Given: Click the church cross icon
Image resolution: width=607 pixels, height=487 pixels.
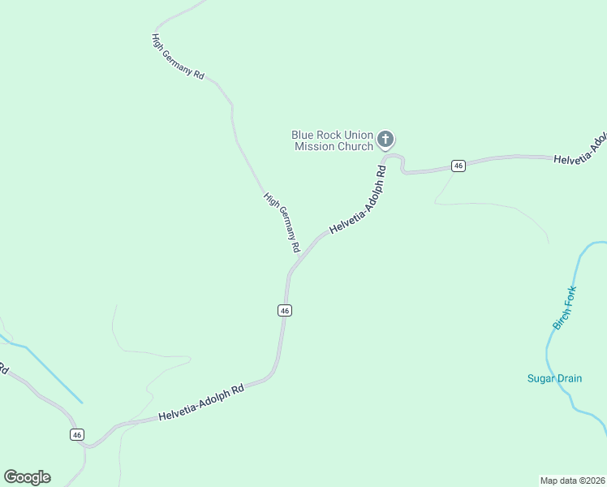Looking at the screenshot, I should point(386,140).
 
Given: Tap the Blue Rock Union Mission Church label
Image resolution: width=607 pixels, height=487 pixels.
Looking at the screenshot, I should point(333,140).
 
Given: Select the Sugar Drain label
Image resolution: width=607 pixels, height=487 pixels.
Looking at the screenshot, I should point(555,378).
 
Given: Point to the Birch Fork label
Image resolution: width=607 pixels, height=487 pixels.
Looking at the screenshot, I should point(565,308).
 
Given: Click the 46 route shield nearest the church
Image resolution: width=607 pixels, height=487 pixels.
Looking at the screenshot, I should point(458,166).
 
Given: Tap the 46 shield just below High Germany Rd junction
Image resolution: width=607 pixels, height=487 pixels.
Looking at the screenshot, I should point(284,310).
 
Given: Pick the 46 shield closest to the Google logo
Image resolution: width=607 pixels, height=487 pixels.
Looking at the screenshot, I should point(77,434).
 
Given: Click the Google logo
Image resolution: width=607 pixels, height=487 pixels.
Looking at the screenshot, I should point(27,477).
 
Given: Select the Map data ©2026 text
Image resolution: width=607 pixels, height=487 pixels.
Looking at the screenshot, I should point(572,480).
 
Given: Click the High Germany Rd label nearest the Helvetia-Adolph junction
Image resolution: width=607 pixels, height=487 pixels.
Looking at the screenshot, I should point(282,222).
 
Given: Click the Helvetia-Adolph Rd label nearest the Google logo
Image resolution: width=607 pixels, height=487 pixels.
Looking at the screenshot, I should point(201,403).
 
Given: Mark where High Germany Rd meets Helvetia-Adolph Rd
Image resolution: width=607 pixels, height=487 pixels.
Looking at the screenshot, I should point(291,269).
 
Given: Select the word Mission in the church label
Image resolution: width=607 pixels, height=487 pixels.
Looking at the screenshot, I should point(315,146).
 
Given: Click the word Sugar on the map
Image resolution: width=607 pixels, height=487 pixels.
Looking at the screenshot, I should point(540,378).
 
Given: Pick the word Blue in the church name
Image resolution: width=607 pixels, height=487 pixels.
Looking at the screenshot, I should point(304,135).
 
